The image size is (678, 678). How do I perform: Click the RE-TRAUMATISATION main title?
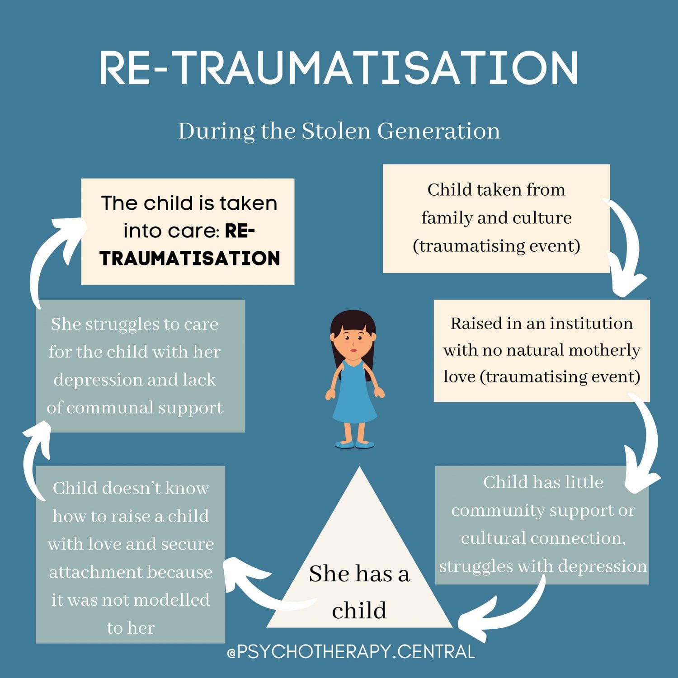pos(339,68)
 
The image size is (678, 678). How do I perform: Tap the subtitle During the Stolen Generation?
pos(339,131)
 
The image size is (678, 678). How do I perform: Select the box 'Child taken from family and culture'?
pos(496,218)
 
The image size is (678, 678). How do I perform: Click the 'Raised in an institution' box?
pos(541,350)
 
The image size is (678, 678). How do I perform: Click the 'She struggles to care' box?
pos(140,366)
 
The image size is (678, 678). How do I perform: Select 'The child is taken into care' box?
pos(188,231)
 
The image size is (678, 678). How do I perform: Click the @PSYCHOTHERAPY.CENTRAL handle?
pos(351,652)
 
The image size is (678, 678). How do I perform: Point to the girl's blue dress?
pos(354,398)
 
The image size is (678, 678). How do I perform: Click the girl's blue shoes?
pos(354,444)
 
